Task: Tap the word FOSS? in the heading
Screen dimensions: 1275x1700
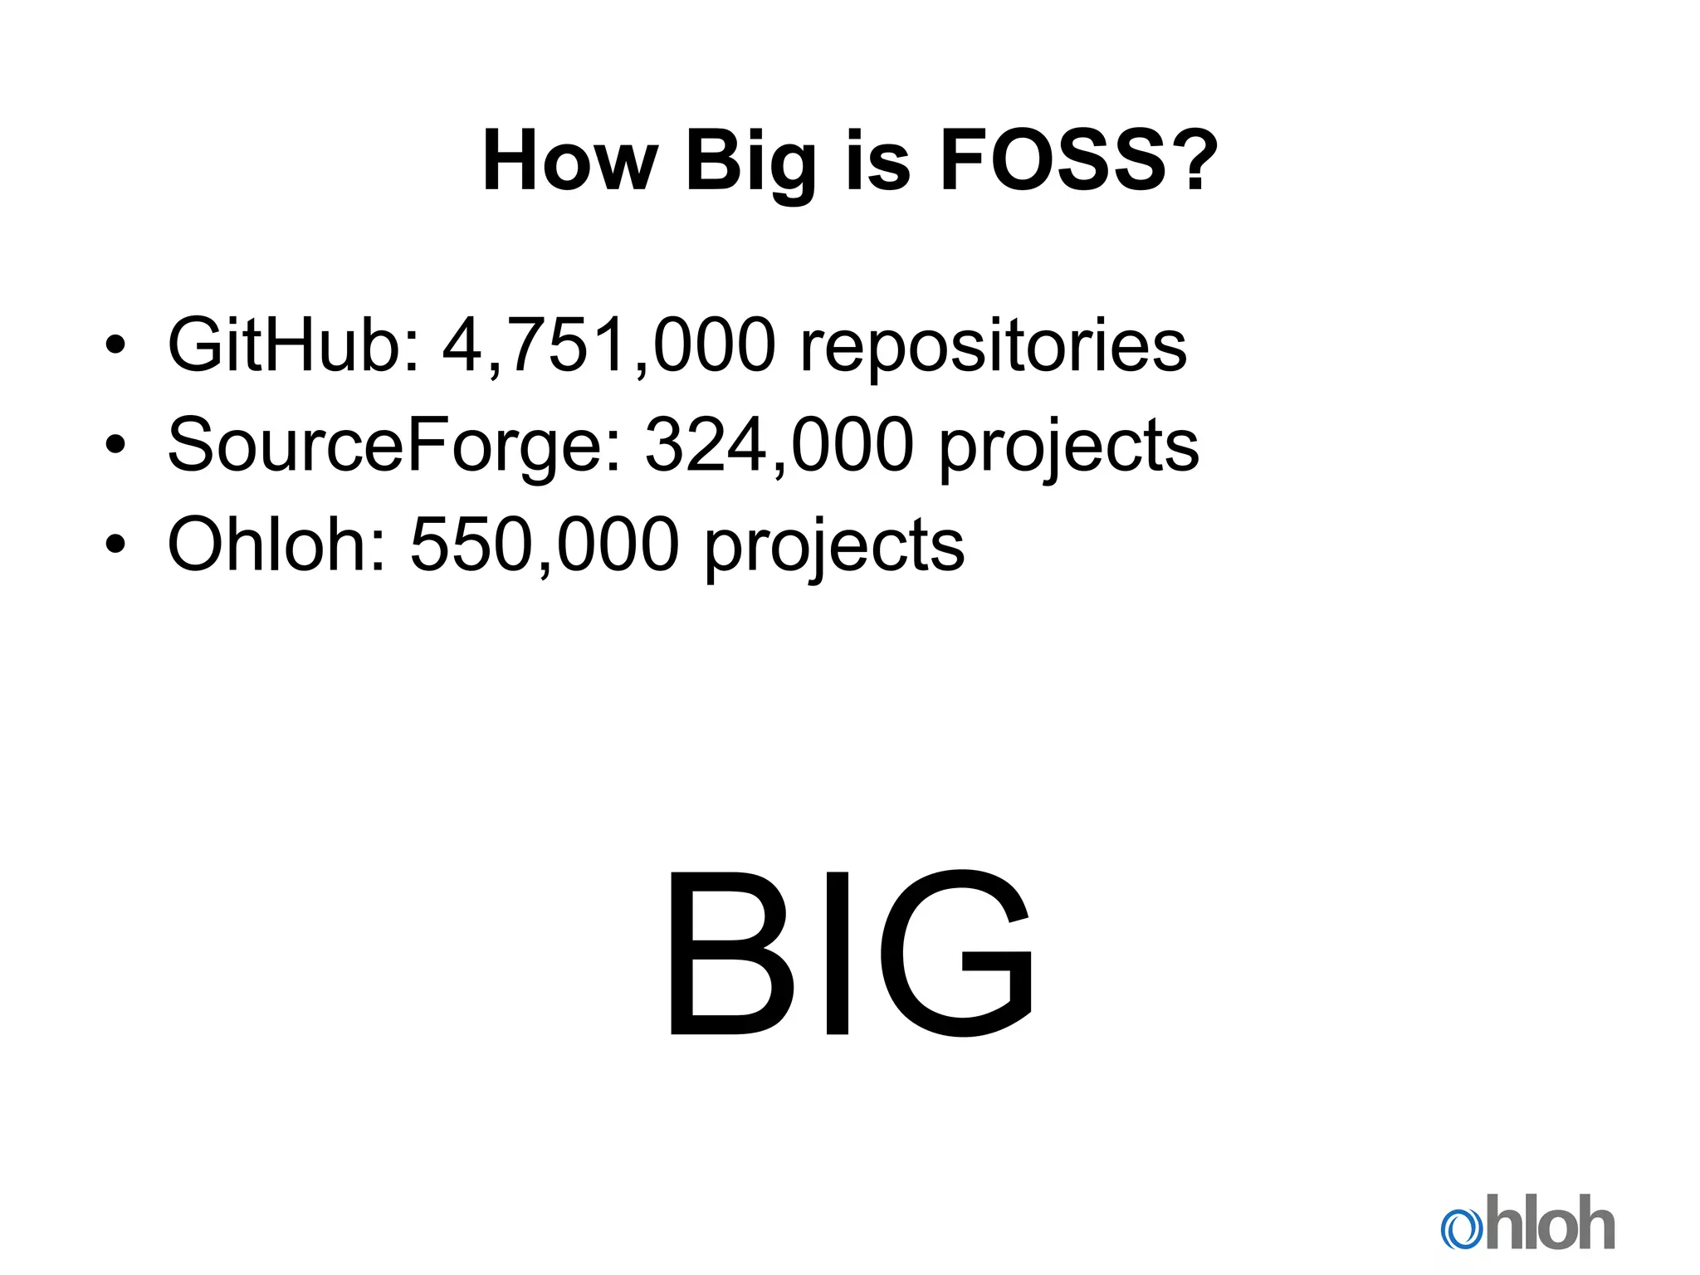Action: [x=1078, y=161]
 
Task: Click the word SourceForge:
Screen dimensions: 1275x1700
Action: [x=394, y=446]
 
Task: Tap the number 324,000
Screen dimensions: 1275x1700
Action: [x=779, y=446]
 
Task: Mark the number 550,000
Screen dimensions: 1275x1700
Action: [x=545, y=545]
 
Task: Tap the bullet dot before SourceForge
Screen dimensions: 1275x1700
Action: [x=115, y=446]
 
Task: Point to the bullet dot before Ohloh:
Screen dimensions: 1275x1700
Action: [x=115, y=545]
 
